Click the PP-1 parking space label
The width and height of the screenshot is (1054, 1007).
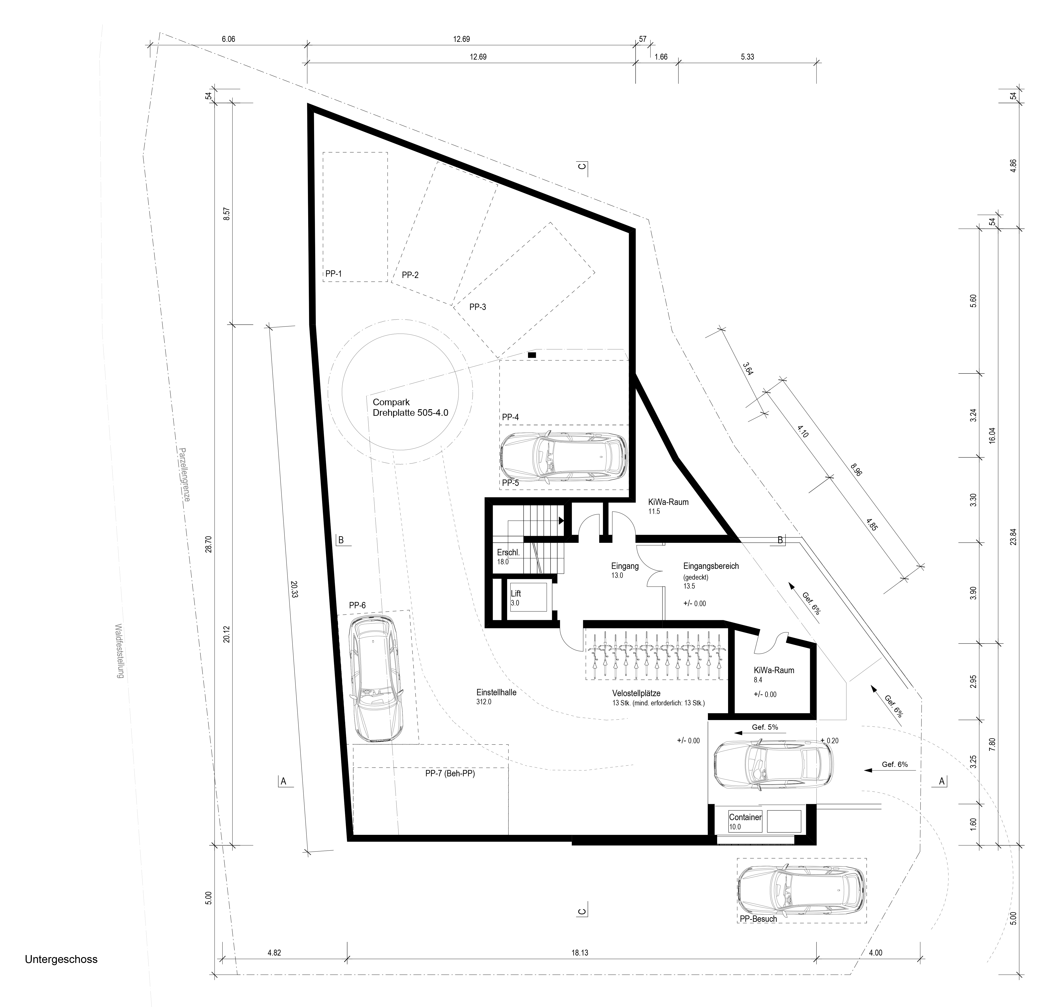pyautogui.click(x=333, y=274)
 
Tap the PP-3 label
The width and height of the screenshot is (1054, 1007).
pyautogui.click(x=477, y=307)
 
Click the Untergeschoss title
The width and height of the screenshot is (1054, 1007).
pyautogui.click(x=61, y=959)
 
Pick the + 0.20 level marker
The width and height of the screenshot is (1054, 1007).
pyautogui.click(x=830, y=740)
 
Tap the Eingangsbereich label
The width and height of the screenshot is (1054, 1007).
pyautogui.click(x=711, y=566)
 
